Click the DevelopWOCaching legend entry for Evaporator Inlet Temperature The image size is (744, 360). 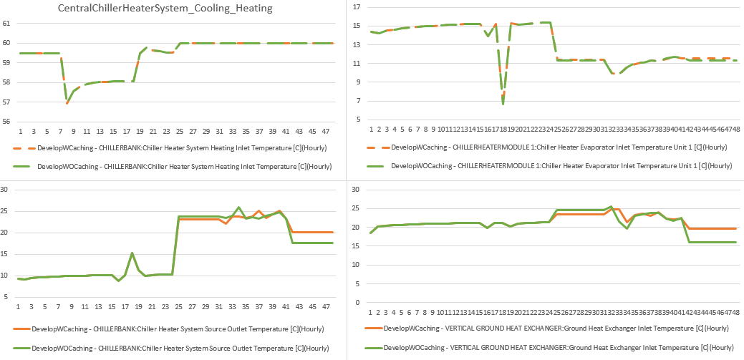tap(561, 165)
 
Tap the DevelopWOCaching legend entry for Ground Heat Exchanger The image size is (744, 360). tap(559, 347)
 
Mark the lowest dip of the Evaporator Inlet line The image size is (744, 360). tap(503, 104)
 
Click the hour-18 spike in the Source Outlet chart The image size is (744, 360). tap(132, 253)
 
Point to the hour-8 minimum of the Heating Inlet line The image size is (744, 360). tap(67, 103)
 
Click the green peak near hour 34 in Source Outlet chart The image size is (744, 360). tap(239, 208)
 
